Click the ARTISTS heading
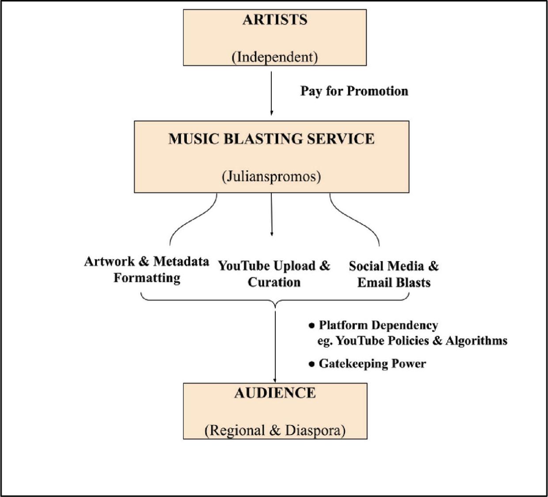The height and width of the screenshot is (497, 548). tap(274, 20)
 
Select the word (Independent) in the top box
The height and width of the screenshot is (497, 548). tap(274, 57)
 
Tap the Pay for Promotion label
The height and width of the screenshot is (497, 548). tap(354, 91)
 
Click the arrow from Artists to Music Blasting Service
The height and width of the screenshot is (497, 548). tap(271, 93)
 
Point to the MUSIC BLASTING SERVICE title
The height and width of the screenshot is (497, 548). tap(271, 139)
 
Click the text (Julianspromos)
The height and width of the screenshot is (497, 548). tap(271, 176)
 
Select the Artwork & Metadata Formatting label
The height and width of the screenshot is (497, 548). tap(147, 269)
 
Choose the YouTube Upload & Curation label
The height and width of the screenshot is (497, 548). tap(274, 274)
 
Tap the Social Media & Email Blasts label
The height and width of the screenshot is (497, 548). tap(394, 274)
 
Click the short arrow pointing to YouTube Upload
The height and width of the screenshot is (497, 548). tap(271, 214)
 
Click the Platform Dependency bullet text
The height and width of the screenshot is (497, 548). tap(378, 325)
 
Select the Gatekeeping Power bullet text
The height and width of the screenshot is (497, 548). tap(372, 363)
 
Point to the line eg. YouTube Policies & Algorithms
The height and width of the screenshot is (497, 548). tap(412, 340)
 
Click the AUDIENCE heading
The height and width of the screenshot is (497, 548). tap(275, 393)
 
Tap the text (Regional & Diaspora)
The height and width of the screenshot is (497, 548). tap(275, 430)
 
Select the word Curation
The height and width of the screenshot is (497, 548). tap(274, 282)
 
